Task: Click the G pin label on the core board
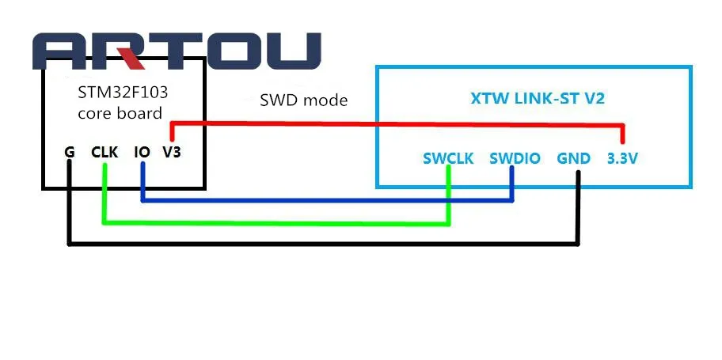[x=70, y=151]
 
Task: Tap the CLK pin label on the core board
[x=104, y=151]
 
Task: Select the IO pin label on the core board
[x=142, y=151]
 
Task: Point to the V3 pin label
[x=171, y=151]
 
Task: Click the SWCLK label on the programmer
[x=448, y=158]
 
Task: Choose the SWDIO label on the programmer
[x=515, y=158]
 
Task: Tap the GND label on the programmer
[x=573, y=158]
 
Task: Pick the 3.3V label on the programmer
[x=622, y=158]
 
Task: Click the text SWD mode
[x=303, y=100]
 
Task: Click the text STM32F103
[x=123, y=92]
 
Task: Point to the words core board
[x=120, y=112]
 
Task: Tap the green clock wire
[x=277, y=222]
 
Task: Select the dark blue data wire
[x=325, y=200]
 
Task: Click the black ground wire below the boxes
[x=317, y=243]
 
